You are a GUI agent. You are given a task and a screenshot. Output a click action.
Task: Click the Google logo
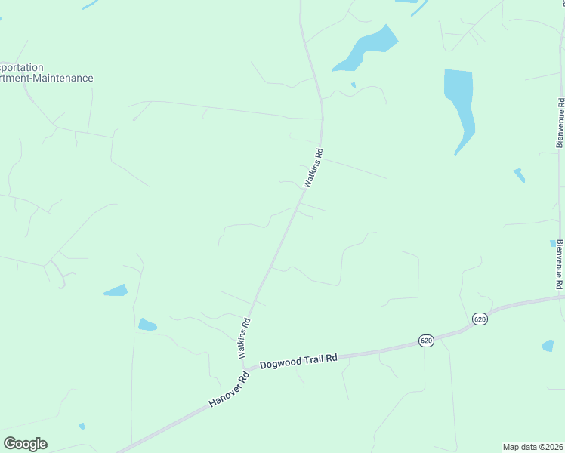(25, 443)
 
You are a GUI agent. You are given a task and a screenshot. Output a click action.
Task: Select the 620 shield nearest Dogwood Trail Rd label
(427, 341)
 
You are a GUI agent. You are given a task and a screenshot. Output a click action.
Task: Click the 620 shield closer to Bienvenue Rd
(480, 319)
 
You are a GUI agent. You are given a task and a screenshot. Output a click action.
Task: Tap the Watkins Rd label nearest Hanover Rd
(243, 337)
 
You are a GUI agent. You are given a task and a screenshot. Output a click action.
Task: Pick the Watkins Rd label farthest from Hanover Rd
(313, 168)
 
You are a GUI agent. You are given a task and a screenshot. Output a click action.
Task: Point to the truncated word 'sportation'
(22, 67)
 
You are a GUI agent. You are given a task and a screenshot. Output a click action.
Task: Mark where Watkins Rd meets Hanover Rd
(243, 370)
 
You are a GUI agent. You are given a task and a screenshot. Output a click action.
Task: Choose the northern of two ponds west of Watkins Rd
(116, 291)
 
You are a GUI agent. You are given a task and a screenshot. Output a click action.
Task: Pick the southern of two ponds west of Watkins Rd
(147, 325)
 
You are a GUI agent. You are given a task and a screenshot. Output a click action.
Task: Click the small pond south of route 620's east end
(548, 346)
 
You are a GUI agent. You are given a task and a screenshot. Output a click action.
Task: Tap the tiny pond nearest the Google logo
(82, 426)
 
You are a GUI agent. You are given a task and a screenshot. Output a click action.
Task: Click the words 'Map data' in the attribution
(520, 447)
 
